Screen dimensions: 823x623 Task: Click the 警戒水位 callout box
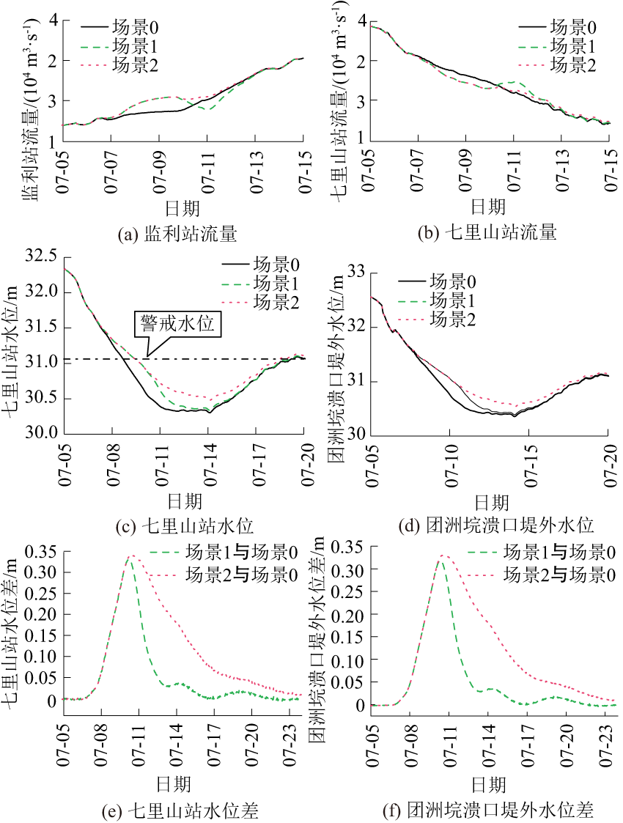click(x=177, y=323)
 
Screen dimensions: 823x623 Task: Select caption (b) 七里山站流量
click(x=487, y=235)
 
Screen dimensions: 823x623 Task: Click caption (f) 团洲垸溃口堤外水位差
click(x=487, y=810)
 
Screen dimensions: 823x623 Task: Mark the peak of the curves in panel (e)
click(x=131, y=556)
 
